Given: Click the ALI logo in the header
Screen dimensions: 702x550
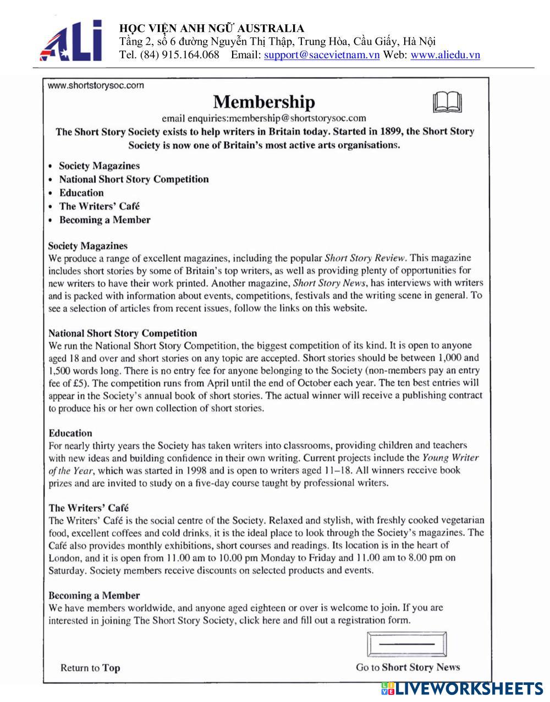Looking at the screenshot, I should click(x=71, y=41).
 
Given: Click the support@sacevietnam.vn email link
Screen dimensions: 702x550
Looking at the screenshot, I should click(x=322, y=55).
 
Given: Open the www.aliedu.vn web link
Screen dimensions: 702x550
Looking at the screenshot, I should click(x=445, y=55).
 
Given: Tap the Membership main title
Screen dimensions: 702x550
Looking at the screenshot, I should click(x=264, y=102).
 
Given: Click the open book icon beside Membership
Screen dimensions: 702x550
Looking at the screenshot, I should click(x=447, y=102).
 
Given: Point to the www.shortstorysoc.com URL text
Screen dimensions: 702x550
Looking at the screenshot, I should click(x=96, y=85).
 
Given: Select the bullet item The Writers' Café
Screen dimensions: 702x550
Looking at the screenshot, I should click(x=100, y=206).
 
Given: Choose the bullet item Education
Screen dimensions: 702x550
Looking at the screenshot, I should click(x=81, y=193).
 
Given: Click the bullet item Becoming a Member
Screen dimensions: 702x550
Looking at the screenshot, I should click(x=105, y=220).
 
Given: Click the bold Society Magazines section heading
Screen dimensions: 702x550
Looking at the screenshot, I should click(x=88, y=246).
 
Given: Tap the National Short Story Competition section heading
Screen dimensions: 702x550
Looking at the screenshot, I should click(x=123, y=333).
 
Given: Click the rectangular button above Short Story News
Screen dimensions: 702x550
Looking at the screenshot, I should click(x=406, y=644).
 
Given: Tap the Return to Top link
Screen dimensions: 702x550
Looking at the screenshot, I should click(x=90, y=668).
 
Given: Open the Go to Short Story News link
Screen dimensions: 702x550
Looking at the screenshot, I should click(x=408, y=667).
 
